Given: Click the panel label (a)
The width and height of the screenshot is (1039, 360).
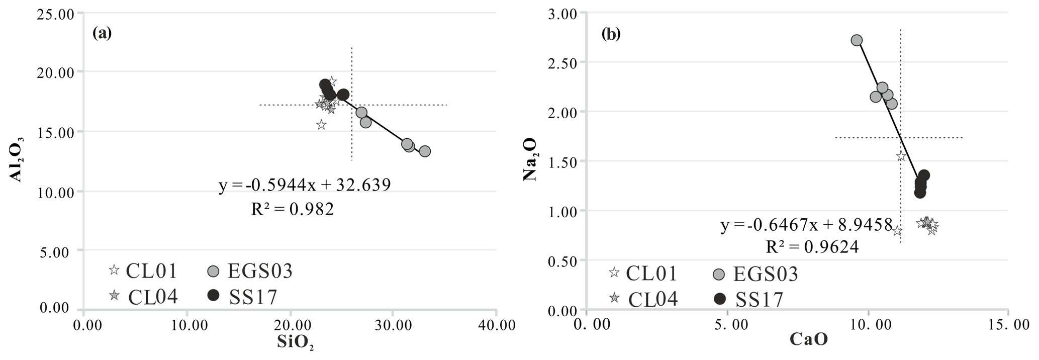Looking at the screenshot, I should [102, 33].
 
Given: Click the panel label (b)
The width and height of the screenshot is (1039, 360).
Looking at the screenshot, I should [611, 34].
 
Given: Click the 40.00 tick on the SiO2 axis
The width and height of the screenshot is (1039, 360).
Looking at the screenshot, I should [496, 325].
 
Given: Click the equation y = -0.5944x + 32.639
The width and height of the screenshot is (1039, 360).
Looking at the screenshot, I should [305, 186].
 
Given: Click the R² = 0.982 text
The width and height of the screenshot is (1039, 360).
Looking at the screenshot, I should [292, 209].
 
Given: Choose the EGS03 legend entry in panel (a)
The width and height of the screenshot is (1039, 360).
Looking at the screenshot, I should [250, 272].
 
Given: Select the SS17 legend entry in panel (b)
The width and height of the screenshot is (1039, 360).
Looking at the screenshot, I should [748, 300].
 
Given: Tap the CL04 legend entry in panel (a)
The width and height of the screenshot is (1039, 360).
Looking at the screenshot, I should [144, 296].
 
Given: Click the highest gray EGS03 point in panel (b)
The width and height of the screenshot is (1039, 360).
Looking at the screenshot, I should [857, 40].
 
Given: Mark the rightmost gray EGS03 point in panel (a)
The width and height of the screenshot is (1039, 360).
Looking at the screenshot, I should [425, 151].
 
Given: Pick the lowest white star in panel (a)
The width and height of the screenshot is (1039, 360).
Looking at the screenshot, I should [321, 125].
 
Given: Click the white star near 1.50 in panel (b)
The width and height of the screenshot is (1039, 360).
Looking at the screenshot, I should [901, 156].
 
